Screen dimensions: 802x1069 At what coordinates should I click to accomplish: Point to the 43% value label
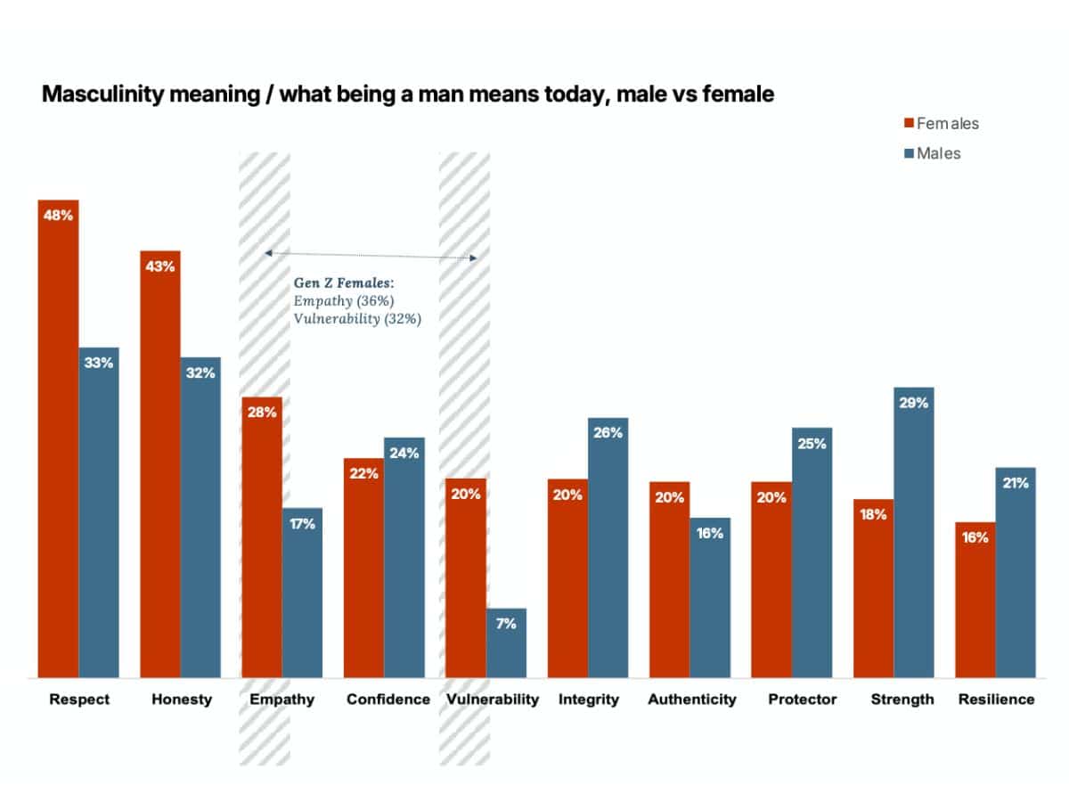pyautogui.click(x=160, y=266)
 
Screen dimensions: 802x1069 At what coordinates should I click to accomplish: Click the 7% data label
pyautogui.click(x=506, y=624)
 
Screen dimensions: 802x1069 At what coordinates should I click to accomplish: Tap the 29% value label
pyautogui.click(x=913, y=403)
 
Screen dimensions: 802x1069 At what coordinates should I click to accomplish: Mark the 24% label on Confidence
pyautogui.click(x=404, y=453)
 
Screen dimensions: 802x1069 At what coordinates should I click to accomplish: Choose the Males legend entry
pyautogui.click(x=937, y=153)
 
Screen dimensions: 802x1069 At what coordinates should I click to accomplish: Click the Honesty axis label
pyautogui.click(x=182, y=700)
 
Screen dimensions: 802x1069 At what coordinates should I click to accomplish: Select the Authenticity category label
pyautogui.click(x=692, y=700)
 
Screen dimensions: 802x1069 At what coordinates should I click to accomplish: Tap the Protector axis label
pyautogui.click(x=803, y=700)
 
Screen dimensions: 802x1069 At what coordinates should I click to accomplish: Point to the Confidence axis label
pyautogui.click(x=388, y=700)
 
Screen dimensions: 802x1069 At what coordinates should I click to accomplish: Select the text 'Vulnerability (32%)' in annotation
pyautogui.click(x=357, y=318)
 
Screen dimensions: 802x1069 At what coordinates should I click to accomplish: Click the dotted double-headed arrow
pyautogui.click(x=371, y=256)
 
